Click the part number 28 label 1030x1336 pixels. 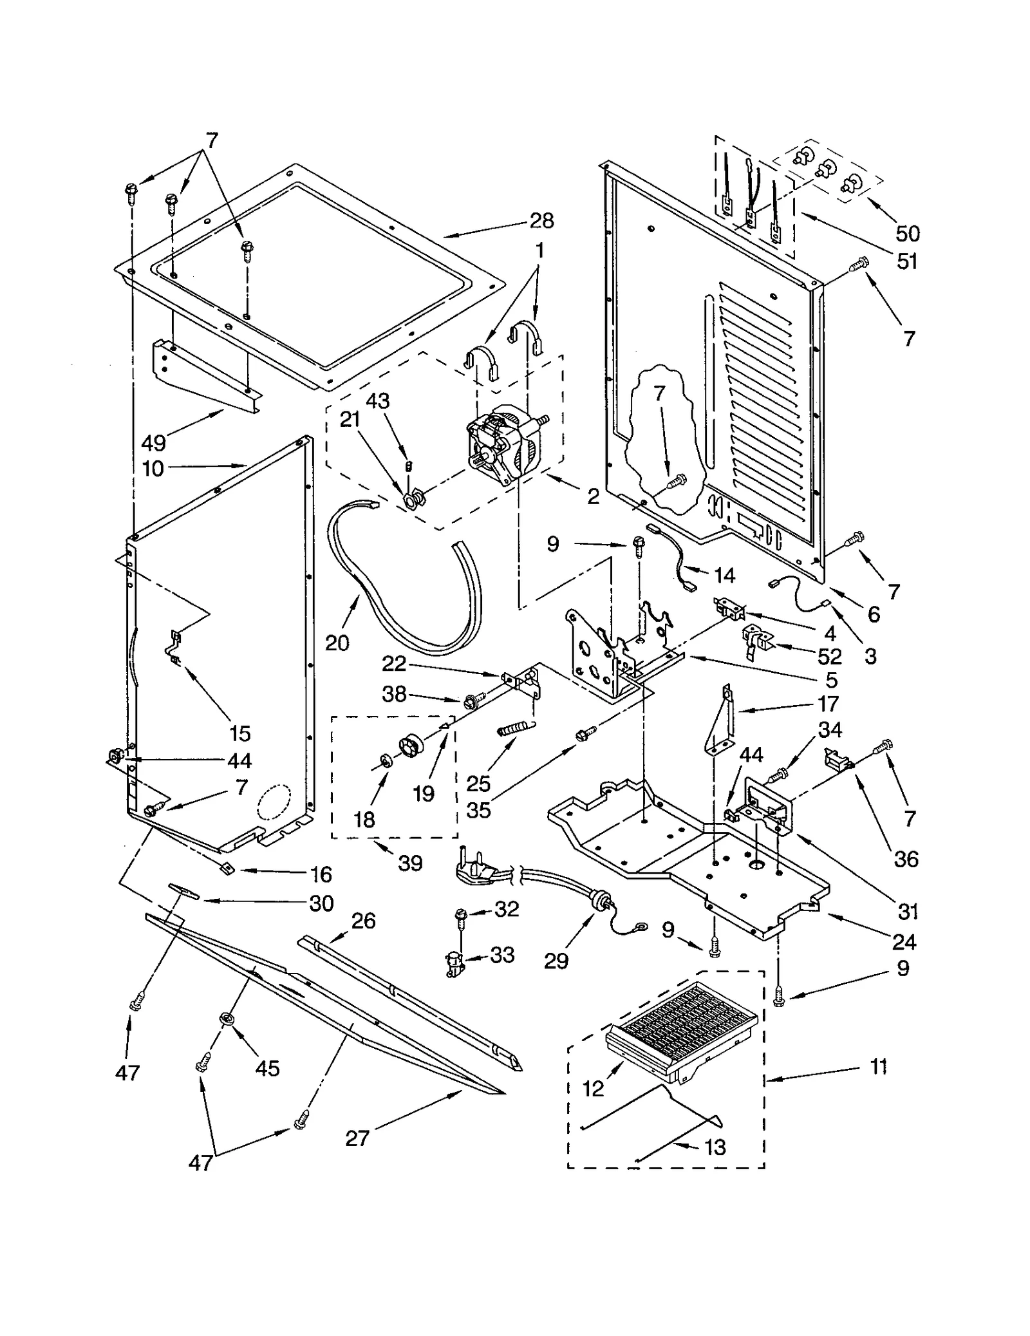point(541,221)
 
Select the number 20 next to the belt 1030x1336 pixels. point(337,642)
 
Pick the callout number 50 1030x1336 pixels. point(907,233)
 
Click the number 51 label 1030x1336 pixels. point(907,261)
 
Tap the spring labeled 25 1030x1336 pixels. point(514,730)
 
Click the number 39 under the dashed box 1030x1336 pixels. point(410,863)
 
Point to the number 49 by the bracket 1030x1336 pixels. point(153,443)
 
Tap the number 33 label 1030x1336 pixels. point(502,955)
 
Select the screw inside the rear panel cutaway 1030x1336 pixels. point(677,480)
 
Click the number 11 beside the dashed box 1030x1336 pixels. point(878,1067)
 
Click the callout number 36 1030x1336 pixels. point(906,859)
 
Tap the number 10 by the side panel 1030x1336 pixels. point(153,469)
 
